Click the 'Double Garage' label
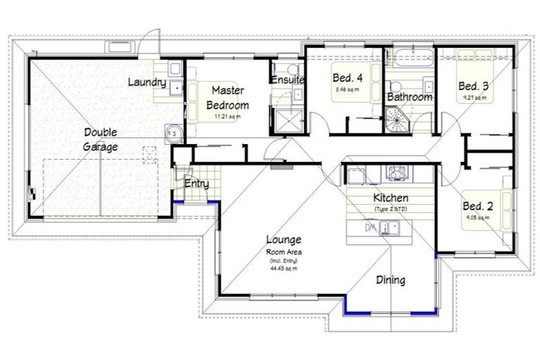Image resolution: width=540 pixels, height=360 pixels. tap(101, 139)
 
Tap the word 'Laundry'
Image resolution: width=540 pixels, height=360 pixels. tap(146, 82)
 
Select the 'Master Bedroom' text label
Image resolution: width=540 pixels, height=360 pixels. tap(226, 98)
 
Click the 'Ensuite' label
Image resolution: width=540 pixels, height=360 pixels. tap(287, 80)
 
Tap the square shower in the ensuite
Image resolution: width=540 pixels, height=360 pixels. tap(287, 120)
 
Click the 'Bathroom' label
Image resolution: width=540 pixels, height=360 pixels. tap(409, 97)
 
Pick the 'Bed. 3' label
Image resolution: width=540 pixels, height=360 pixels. tap(473, 86)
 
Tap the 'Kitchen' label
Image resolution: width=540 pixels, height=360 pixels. tap(390, 198)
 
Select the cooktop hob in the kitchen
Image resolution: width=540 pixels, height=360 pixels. tap(396, 172)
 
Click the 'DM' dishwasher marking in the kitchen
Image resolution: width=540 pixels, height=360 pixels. tap(370, 228)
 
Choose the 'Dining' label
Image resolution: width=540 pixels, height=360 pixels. tap(390, 280)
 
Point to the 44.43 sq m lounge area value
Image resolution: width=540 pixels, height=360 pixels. tap(283, 268)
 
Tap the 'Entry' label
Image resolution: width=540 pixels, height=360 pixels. tap(196, 184)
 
